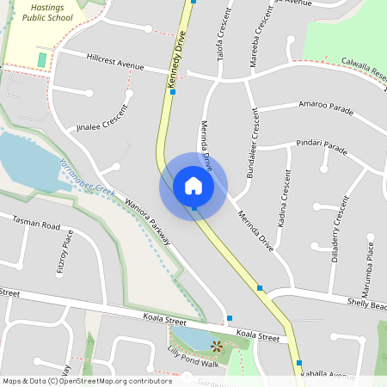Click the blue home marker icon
click(193, 186)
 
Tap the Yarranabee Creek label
click(87, 175)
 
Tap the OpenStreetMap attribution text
click(86, 380)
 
